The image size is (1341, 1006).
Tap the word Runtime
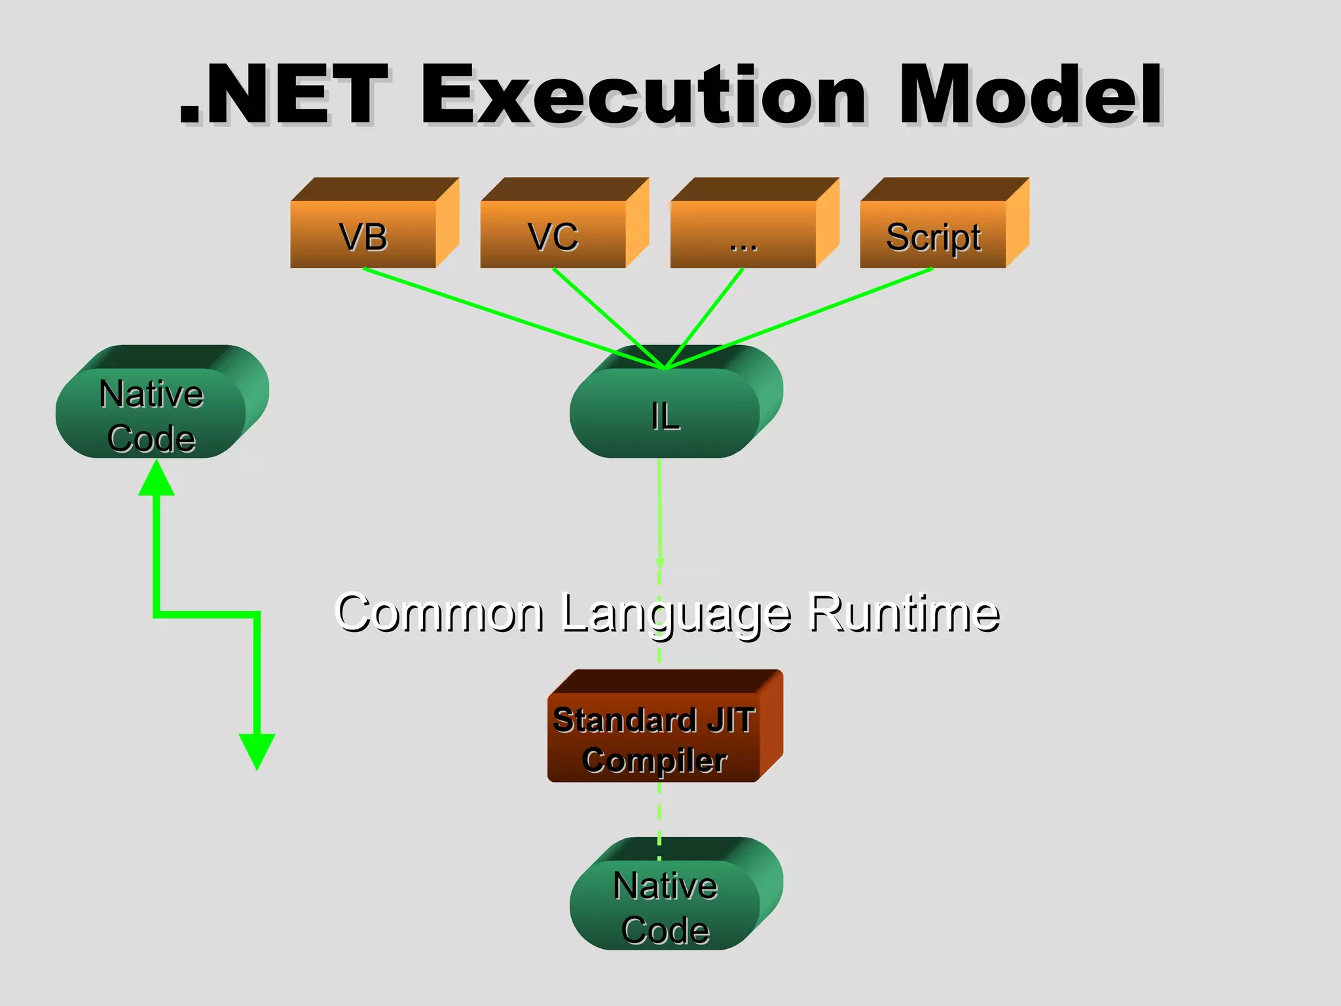(904, 613)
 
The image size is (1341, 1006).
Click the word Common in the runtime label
(439, 613)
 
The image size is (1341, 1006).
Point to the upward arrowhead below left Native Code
(156, 479)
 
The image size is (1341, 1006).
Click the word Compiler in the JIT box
(654, 760)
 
